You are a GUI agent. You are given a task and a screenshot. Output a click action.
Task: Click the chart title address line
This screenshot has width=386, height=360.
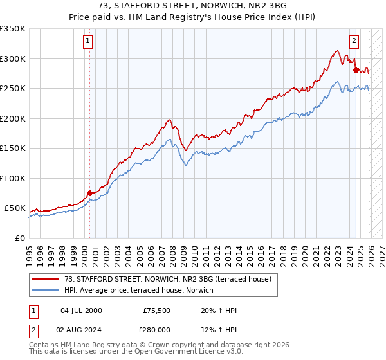192,6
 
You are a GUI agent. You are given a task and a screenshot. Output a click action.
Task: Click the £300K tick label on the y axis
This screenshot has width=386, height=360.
13,59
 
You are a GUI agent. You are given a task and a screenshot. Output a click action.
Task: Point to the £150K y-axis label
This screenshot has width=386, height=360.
13,148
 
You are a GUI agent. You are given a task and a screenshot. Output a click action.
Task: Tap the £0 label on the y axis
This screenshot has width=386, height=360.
20,239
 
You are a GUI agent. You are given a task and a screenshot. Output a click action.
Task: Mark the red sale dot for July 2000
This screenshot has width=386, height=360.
89,192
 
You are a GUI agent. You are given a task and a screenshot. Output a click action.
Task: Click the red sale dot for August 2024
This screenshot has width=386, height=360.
356,70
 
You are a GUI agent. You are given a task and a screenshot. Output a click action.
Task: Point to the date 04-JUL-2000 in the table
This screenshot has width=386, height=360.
81,310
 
